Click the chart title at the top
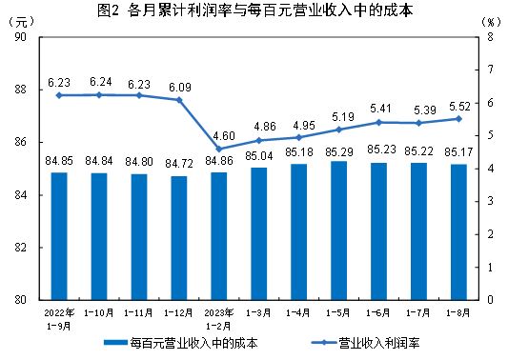pyautogui.click(x=253, y=10)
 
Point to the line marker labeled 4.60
pyautogui.click(x=219, y=149)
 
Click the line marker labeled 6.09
pyautogui.click(x=179, y=100)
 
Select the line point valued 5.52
pyautogui.click(x=458, y=118)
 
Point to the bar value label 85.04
pyautogui.click(x=258, y=157)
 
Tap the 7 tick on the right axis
pyautogui.click(x=488, y=70)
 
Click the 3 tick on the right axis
pyautogui.click(x=488, y=201)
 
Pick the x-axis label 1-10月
pyautogui.click(x=99, y=311)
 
